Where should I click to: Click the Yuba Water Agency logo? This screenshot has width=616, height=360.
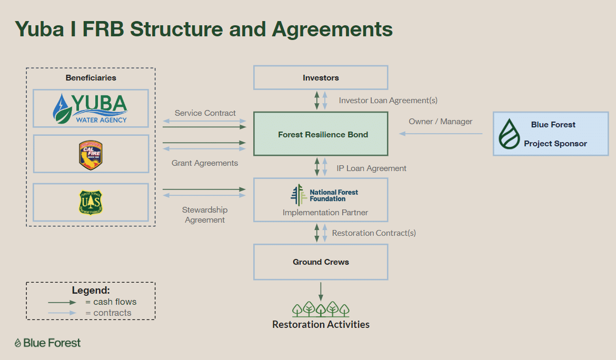[91, 108]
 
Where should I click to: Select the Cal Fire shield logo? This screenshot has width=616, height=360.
[91, 155]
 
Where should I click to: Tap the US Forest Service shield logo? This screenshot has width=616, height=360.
[91, 203]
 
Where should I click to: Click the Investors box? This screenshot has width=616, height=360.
[321, 78]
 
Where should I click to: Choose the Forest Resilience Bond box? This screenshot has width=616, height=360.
[321, 134]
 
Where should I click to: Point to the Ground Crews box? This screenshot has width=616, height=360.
[321, 262]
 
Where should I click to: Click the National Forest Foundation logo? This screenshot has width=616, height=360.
[324, 195]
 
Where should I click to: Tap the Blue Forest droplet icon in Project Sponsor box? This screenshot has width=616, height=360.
[509, 134]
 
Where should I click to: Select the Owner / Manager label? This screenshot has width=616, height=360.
[440, 122]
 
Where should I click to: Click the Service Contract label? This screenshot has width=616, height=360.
[205, 113]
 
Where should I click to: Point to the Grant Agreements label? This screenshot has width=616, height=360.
[205, 163]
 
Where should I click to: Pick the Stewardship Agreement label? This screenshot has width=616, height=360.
[205, 215]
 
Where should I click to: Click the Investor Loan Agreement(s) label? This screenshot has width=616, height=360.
[388, 100]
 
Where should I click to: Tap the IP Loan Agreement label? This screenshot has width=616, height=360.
[372, 168]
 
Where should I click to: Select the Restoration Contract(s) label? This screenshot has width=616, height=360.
[374, 233]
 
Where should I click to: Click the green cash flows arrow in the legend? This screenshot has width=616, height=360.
[62, 303]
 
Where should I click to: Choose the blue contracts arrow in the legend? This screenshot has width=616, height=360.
[62, 313]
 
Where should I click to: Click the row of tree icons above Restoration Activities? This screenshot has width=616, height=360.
[321, 309]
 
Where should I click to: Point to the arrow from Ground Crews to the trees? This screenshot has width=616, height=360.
[321, 291]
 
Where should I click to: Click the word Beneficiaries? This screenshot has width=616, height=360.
[91, 78]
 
